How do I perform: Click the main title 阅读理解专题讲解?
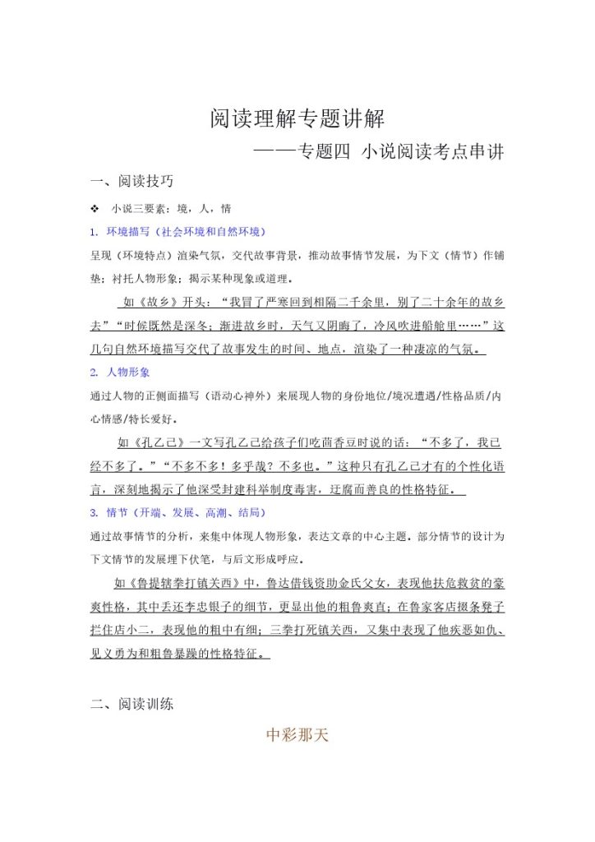point(297,119)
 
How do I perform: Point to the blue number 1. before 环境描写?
point(95,231)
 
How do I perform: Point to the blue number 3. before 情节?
point(95,512)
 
